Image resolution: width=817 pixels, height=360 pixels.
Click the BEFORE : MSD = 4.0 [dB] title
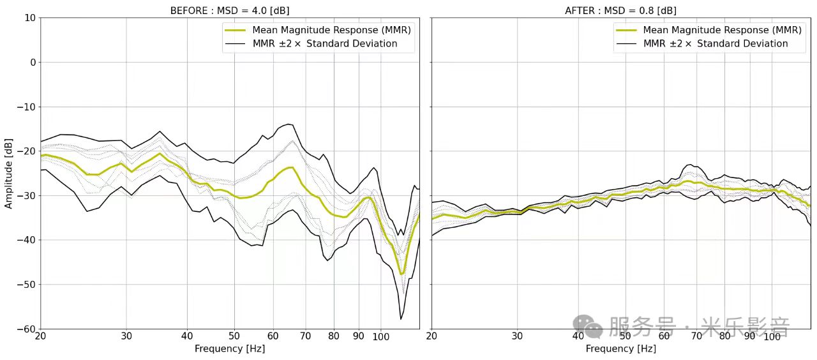coord(230,11)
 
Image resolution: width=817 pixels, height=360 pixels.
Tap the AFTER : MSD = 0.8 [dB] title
coord(620,11)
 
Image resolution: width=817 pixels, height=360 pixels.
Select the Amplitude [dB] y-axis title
coord(9,174)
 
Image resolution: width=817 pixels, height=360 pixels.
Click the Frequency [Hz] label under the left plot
coord(230,349)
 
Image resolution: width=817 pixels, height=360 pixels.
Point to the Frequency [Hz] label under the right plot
coord(620,349)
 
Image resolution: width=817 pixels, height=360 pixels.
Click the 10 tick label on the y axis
coord(29,18)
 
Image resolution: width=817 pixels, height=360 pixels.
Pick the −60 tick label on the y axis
coord(27,329)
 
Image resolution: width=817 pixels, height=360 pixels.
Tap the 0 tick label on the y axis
coord(32,63)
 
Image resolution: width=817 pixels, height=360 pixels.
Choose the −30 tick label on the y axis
coord(27,195)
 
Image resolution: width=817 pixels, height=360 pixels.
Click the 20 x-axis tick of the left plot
coord(41,336)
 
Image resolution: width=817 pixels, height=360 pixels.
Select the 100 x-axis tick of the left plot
coord(381,336)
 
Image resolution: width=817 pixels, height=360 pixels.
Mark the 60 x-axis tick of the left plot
coord(273,336)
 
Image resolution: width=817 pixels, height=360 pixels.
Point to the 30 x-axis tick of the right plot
coord(517,336)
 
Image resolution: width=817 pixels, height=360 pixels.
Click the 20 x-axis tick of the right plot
coord(431,336)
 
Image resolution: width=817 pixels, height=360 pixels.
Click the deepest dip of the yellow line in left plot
coord(402,274)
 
